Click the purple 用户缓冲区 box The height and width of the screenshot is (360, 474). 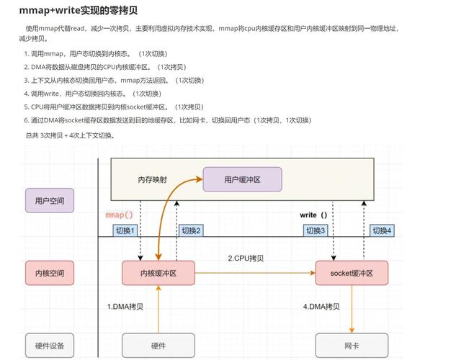[242, 179]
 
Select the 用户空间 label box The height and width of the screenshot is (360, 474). [50, 200]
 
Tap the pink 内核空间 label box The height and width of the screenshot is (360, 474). [50, 274]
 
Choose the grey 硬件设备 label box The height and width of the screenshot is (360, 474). [50, 346]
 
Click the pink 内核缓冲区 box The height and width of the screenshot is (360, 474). [158, 274]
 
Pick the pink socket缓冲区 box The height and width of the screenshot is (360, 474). [352, 274]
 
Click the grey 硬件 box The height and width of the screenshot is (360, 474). [158, 346]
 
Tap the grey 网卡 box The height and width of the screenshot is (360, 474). [352, 346]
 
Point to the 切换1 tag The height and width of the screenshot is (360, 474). [125, 230]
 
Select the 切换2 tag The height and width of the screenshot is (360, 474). [191, 230]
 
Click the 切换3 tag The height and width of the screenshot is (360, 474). [315, 230]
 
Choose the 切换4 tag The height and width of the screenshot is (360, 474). [381, 230]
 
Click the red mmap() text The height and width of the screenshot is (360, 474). [120, 215]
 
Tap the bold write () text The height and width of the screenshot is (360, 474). [313, 215]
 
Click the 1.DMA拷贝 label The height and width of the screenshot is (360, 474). [125, 307]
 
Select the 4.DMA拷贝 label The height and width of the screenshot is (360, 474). [321, 307]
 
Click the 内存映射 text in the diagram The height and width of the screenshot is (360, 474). [152, 179]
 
